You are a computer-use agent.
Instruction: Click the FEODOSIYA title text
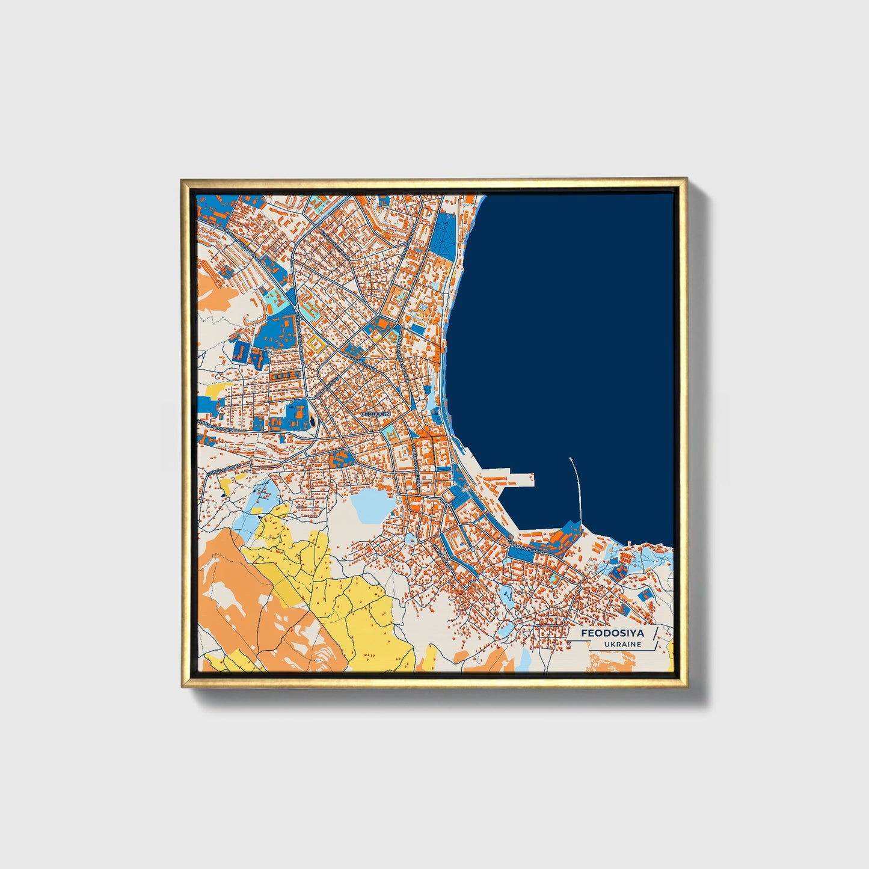point(612,633)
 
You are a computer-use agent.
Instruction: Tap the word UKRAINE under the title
point(624,644)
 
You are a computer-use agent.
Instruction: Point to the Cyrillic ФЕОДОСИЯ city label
point(376,414)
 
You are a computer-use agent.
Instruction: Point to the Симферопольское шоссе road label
point(232,238)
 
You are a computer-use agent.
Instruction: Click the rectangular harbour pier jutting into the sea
point(511,479)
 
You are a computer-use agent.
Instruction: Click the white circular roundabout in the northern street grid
point(307,257)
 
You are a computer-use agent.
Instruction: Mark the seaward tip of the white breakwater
point(570,458)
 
